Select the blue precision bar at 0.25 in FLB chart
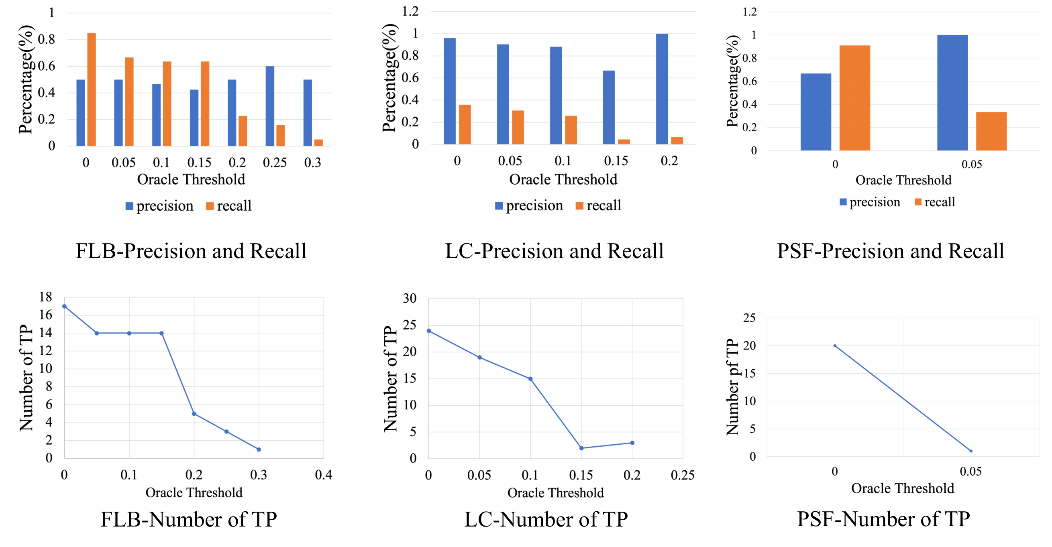point(270,106)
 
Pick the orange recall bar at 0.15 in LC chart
point(624,141)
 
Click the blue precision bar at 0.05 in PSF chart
point(952,93)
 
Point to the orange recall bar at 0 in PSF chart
point(854,98)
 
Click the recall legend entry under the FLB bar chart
point(229,206)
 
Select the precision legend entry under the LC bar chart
point(529,205)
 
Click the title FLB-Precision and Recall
point(191,251)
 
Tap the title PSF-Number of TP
point(883,519)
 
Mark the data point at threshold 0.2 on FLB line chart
point(194,414)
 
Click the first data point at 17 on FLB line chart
point(65,306)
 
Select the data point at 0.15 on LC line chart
point(581,448)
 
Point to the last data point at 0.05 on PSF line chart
point(971,451)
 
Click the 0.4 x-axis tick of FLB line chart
point(324,475)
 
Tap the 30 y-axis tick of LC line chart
point(410,299)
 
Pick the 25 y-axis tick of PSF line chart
point(749,317)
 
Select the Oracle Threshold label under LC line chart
point(555,493)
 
